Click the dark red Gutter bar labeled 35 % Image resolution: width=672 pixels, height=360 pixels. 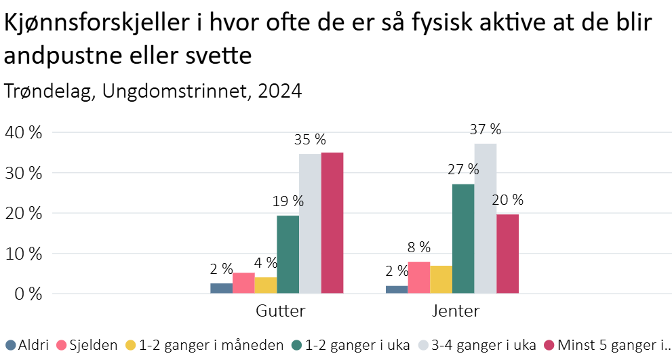tap(332, 224)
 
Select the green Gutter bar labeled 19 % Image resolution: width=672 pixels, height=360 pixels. tap(288, 255)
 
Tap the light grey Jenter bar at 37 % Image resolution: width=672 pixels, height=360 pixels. tap(485, 219)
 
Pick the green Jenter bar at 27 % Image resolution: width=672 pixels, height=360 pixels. tap(463, 239)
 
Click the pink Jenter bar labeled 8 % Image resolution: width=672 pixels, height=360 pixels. tap(419, 278)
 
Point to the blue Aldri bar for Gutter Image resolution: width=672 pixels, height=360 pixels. tap(221, 289)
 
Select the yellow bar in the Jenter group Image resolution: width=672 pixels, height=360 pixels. tap(441, 280)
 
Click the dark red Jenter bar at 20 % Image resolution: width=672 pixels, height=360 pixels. tap(507, 254)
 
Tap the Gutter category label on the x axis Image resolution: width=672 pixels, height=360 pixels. tap(280, 312)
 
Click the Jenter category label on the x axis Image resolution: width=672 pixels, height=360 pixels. tap(456, 312)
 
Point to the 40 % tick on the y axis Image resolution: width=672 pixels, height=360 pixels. tap(24, 132)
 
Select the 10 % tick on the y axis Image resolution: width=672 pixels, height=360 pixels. tap(24, 254)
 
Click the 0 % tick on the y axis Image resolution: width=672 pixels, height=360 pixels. tap(28, 294)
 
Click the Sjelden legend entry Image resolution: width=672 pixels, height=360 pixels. tap(89, 345)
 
